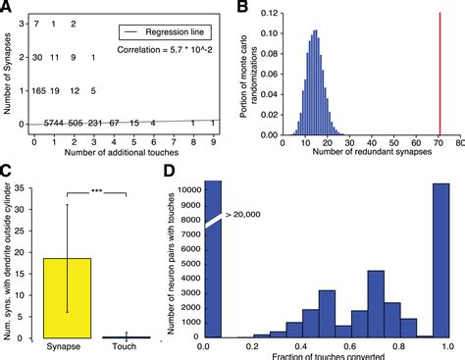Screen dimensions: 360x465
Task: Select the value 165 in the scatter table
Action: click(39, 90)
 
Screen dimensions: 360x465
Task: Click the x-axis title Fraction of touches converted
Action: click(325, 354)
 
